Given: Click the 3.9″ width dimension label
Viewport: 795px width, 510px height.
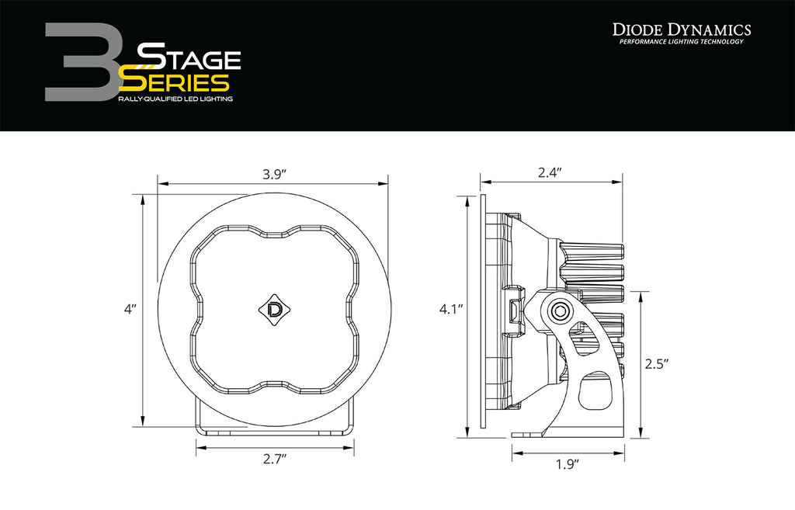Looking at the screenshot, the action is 274,175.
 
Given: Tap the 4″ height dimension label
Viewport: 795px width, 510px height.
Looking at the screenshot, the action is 130,309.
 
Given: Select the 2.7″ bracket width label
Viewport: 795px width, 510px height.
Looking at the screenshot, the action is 275,460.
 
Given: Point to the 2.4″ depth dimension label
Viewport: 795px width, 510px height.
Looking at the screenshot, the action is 550,172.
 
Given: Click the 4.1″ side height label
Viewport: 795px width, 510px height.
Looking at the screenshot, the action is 451,309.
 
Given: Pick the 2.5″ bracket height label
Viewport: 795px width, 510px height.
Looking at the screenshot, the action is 657,363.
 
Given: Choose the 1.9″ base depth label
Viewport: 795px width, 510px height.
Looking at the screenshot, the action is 567,464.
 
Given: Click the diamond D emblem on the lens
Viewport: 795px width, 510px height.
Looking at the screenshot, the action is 274,309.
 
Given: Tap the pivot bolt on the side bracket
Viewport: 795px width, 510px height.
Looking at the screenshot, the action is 561,311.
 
